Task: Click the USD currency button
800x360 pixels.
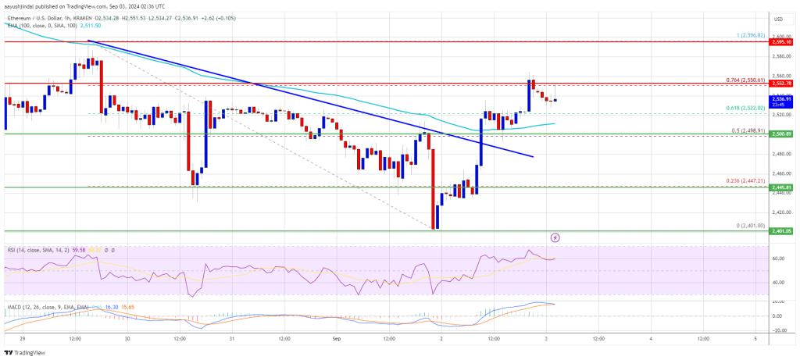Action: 778,19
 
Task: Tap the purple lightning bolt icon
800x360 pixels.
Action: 555,237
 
